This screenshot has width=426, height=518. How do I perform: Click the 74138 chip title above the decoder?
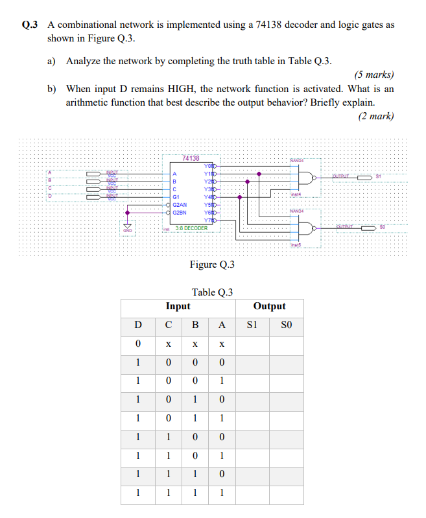[191, 158]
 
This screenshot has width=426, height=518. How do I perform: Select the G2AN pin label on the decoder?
[180, 204]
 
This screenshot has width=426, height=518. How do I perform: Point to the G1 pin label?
[176, 196]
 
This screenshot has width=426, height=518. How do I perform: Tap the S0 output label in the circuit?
[382, 226]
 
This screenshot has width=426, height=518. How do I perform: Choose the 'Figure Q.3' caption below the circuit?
[212, 265]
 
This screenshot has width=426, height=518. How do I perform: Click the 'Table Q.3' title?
[212, 292]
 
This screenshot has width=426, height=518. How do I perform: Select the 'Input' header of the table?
[178, 306]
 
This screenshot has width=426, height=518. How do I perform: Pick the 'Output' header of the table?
[269, 306]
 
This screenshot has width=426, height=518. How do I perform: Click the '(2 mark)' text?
[376, 116]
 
